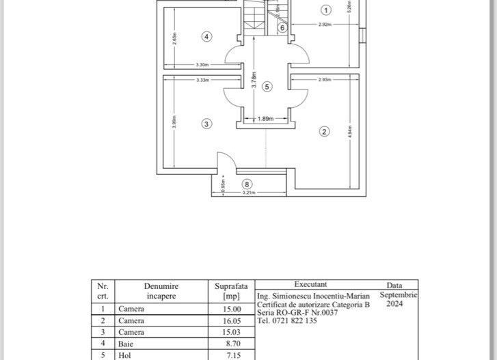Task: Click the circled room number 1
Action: (x=325, y=10)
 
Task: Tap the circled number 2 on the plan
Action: (x=325, y=131)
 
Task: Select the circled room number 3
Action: (x=206, y=124)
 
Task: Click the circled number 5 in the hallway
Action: (x=267, y=86)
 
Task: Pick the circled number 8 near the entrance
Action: (x=247, y=183)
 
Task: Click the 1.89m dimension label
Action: (x=265, y=119)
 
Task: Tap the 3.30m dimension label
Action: (x=202, y=64)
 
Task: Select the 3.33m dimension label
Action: (x=202, y=80)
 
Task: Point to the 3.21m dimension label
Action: (x=248, y=193)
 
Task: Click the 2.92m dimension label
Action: (x=325, y=25)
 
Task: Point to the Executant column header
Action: (x=310, y=284)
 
